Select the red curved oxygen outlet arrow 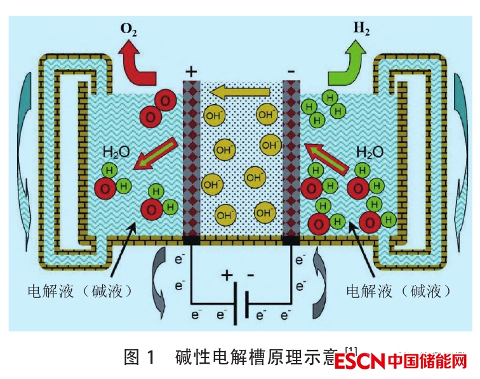[140, 63]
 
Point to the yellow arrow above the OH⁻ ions [240, 95]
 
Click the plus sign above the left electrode [191, 71]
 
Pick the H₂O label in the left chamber [116, 152]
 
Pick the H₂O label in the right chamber [370, 152]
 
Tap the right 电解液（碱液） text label [399, 291]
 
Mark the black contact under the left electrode [191, 240]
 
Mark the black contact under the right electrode [291, 240]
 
